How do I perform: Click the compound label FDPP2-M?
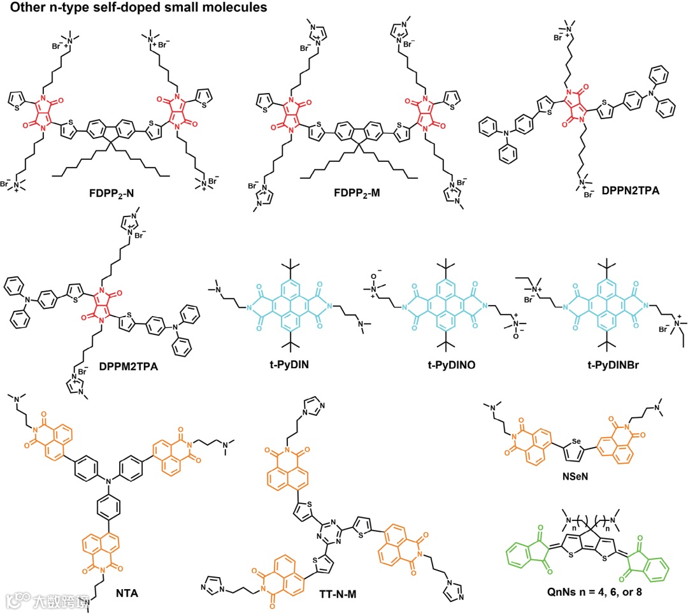[x=358, y=192]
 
